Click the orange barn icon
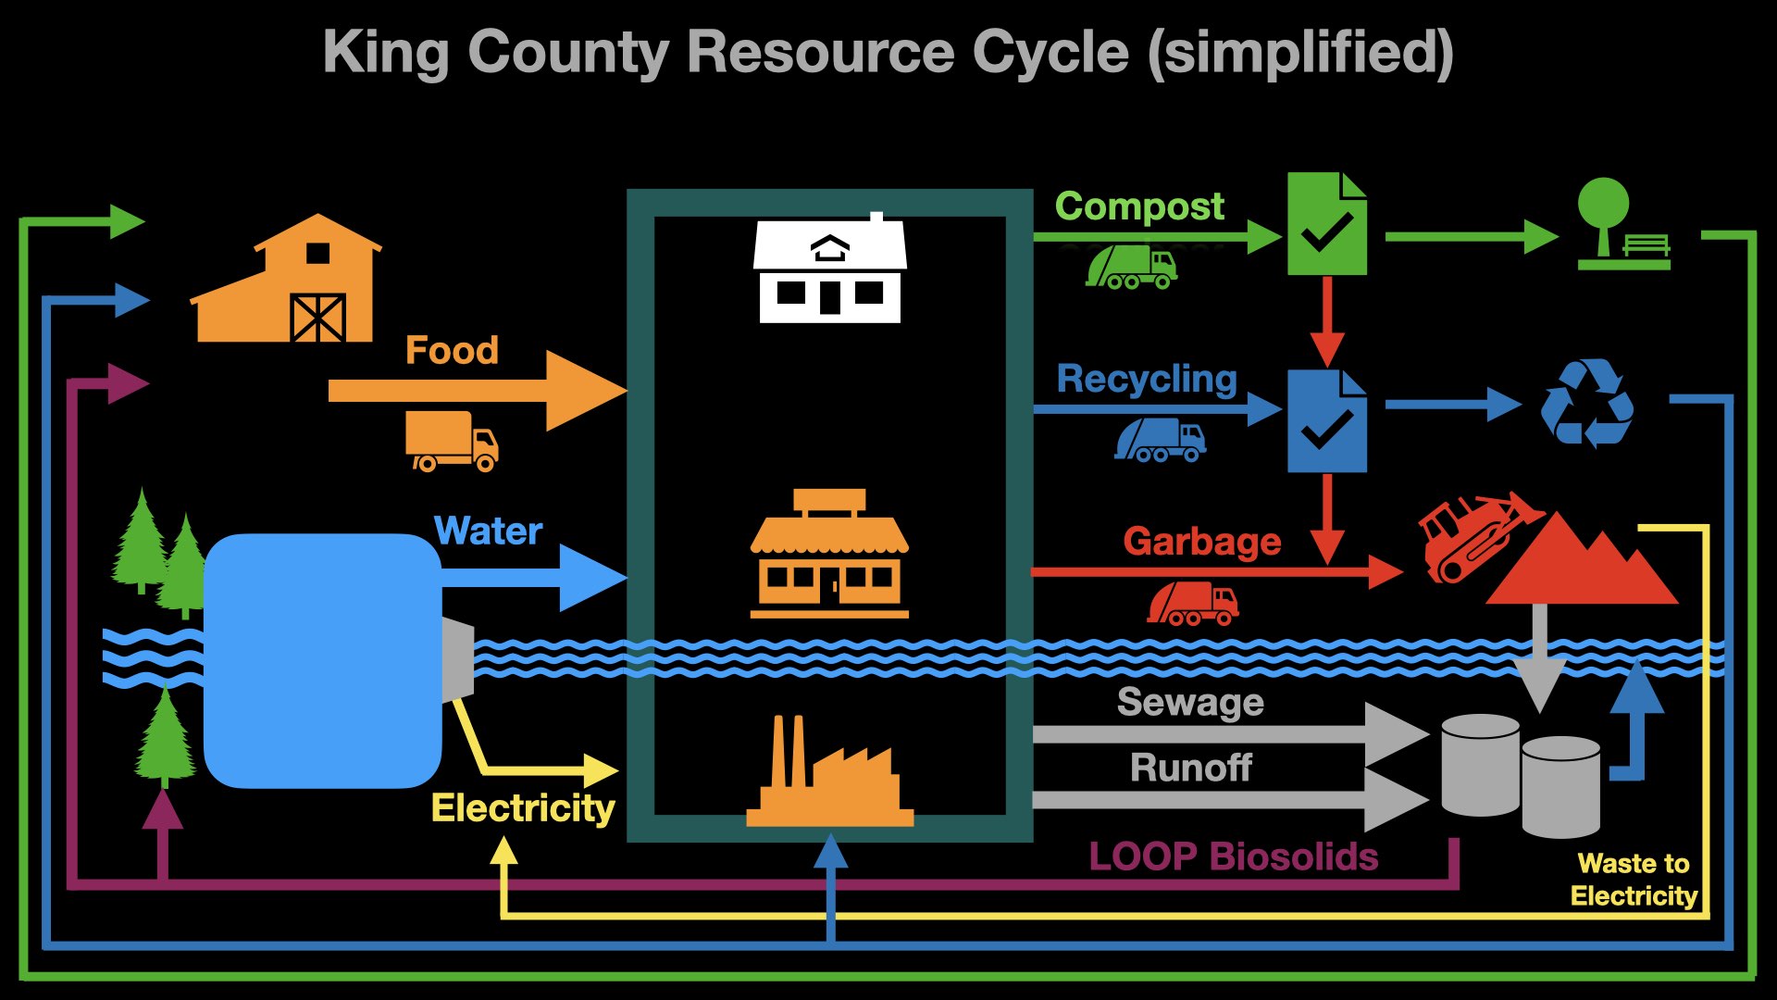(287, 282)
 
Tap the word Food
(452, 351)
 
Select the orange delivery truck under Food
(452, 441)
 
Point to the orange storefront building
(829, 556)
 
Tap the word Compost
(1139, 206)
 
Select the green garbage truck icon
(1131, 268)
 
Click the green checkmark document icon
(1327, 224)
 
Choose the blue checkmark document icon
(1327, 421)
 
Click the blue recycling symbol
(1586, 404)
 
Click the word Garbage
(1201, 542)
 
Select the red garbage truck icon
(1192, 604)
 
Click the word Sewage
(1190, 703)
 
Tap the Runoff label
(1190, 769)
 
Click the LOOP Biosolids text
(1233, 857)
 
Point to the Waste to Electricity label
(1634, 880)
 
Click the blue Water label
(488, 531)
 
